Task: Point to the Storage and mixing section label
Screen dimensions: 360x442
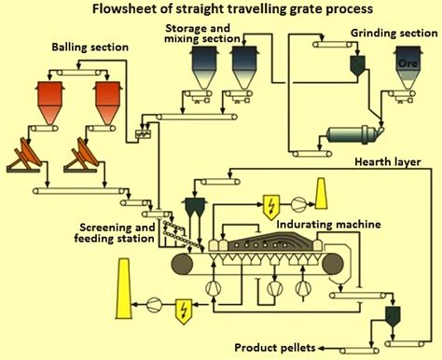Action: tap(200, 35)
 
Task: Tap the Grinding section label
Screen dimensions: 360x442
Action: tap(389, 33)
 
